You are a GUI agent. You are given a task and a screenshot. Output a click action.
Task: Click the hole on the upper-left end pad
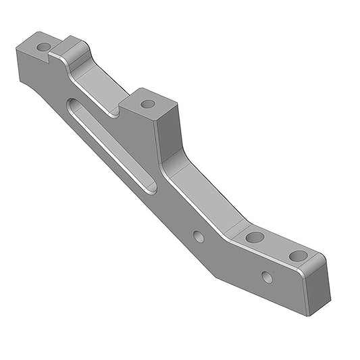tap(43, 48)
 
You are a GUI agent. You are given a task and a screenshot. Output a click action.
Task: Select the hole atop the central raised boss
tap(148, 104)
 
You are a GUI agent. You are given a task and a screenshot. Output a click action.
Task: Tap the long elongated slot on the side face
tap(111, 145)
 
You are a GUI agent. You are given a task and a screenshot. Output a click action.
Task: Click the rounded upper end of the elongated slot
tap(74, 105)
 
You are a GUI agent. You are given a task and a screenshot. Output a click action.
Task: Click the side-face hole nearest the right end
tap(267, 277)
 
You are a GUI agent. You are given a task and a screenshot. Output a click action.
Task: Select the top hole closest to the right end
tap(298, 256)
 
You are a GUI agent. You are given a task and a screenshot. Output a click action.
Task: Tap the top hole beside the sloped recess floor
tap(255, 237)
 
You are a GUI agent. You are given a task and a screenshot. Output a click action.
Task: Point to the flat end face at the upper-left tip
tap(18, 64)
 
